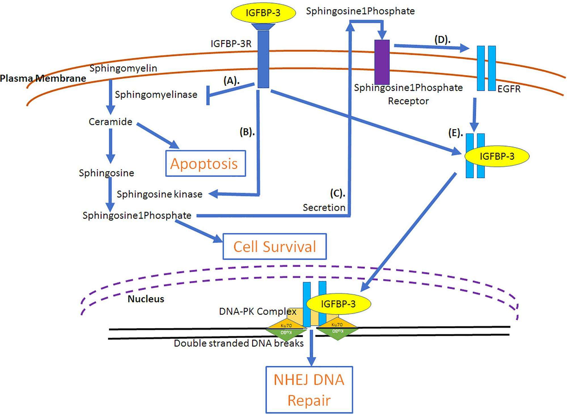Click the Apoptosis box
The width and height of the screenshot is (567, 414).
(x=206, y=164)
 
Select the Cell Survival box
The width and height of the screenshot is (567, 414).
(x=274, y=246)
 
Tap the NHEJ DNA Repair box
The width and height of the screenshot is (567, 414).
(x=309, y=390)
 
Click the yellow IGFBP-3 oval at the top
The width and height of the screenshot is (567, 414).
(x=263, y=13)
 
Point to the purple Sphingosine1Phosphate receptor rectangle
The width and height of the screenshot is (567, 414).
(x=382, y=62)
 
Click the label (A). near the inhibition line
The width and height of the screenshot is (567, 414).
(x=231, y=81)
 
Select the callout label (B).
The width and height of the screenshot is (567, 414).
(x=247, y=132)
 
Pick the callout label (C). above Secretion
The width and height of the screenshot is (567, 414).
(x=337, y=194)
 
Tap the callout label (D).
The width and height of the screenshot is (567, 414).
(x=442, y=40)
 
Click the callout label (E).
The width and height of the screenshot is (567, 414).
(x=456, y=133)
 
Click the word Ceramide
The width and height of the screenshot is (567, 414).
(x=111, y=122)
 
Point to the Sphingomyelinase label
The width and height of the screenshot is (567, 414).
(x=156, y=95)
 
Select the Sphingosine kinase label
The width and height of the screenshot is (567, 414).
(x=160, y=194)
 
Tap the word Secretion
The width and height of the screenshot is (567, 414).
(x=324, y=208)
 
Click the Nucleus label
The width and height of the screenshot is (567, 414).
(x=146, y=299)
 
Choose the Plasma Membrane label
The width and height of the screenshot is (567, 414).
(x=43, y=78)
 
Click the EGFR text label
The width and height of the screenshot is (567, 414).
(x=509, y=89)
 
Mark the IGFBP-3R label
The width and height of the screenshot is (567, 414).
(x=231, y=44)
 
